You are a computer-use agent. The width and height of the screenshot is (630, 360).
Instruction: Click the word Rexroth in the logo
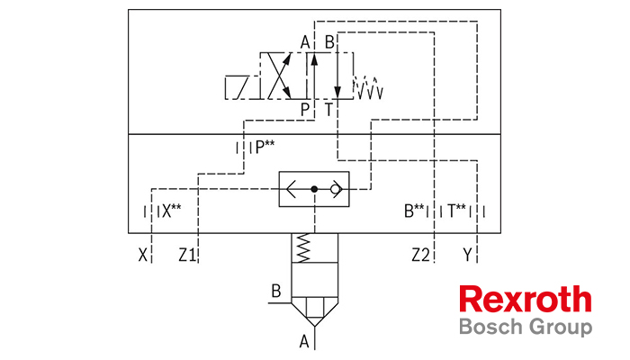point(526,300)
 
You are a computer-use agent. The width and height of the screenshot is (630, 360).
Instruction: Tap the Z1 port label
point(187,255)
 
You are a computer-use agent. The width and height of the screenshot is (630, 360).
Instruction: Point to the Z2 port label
point(420,255)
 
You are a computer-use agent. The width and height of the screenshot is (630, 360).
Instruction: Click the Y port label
point(467,255)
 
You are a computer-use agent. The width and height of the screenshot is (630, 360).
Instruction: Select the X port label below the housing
point(142,255)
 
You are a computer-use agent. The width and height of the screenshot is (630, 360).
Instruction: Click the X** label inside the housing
point(172,211)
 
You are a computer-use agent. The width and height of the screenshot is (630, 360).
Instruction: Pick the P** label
point(265,148)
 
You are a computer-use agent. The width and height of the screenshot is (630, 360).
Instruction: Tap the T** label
point(456,211)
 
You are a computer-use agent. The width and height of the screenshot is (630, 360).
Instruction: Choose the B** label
point(414,211)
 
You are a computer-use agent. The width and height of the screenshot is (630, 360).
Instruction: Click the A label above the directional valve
point(305,42)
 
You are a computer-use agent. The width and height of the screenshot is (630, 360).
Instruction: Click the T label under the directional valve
point(328,109)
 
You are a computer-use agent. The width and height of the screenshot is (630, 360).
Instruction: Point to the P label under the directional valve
point(305,109)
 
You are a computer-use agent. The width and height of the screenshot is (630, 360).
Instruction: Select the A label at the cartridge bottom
point(304,342)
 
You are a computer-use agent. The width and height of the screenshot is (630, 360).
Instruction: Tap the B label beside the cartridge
point(276,292)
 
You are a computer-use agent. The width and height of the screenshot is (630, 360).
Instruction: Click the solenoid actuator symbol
point(242,87)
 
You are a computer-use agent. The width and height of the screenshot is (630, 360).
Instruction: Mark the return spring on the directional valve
point(368,87)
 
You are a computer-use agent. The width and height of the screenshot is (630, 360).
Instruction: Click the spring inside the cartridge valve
point(303,247)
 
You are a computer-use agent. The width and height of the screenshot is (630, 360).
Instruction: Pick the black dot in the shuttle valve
point(314,189)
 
